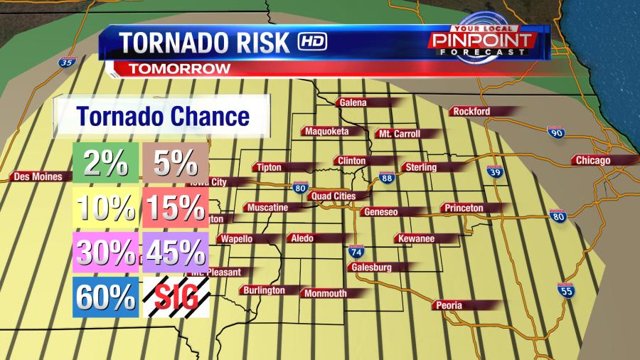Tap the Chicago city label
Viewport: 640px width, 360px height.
coord(593,160)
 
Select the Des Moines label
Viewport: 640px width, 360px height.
coord(38,176)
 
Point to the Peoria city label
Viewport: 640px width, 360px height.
coord(449,305)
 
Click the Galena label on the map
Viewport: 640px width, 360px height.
coord(353,102)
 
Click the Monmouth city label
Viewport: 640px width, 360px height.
coord(325,293)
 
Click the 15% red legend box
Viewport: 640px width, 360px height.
coord(174,208)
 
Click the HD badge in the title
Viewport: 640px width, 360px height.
coord(312,41)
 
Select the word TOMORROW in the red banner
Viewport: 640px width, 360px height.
coord(179,68)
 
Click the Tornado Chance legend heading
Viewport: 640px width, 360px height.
coord(163,116)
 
